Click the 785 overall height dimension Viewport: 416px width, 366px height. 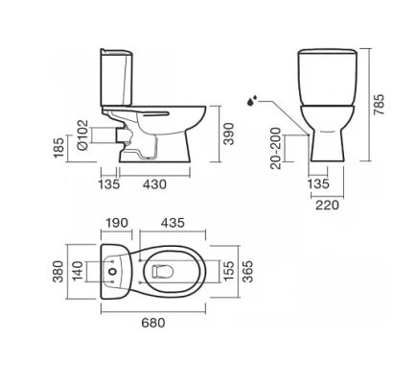point(379,105)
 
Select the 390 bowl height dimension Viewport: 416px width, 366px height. point(229,134)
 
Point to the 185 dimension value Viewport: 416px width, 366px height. point(59,148)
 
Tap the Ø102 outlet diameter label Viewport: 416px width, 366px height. point(82,134)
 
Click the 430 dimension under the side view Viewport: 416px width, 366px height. point(154,184)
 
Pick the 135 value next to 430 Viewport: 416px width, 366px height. point(108,184)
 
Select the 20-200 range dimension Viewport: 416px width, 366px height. point(275,148)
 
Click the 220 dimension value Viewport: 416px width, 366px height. point(327,205)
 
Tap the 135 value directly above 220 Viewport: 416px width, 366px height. point(318,183)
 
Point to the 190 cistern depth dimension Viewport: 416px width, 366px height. point(117,223)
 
